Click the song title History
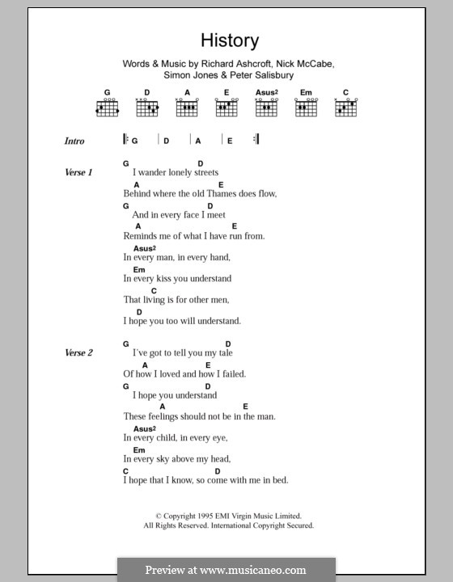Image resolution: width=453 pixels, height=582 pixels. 231,40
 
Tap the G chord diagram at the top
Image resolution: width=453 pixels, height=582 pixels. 107,107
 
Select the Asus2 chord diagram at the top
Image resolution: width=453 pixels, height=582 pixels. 266,107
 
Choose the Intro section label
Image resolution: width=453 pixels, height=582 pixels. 74,141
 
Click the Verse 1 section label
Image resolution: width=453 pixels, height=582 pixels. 79,173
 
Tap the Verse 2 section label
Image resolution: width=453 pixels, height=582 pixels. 79,353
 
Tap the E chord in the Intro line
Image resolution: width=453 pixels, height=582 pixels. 230,141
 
